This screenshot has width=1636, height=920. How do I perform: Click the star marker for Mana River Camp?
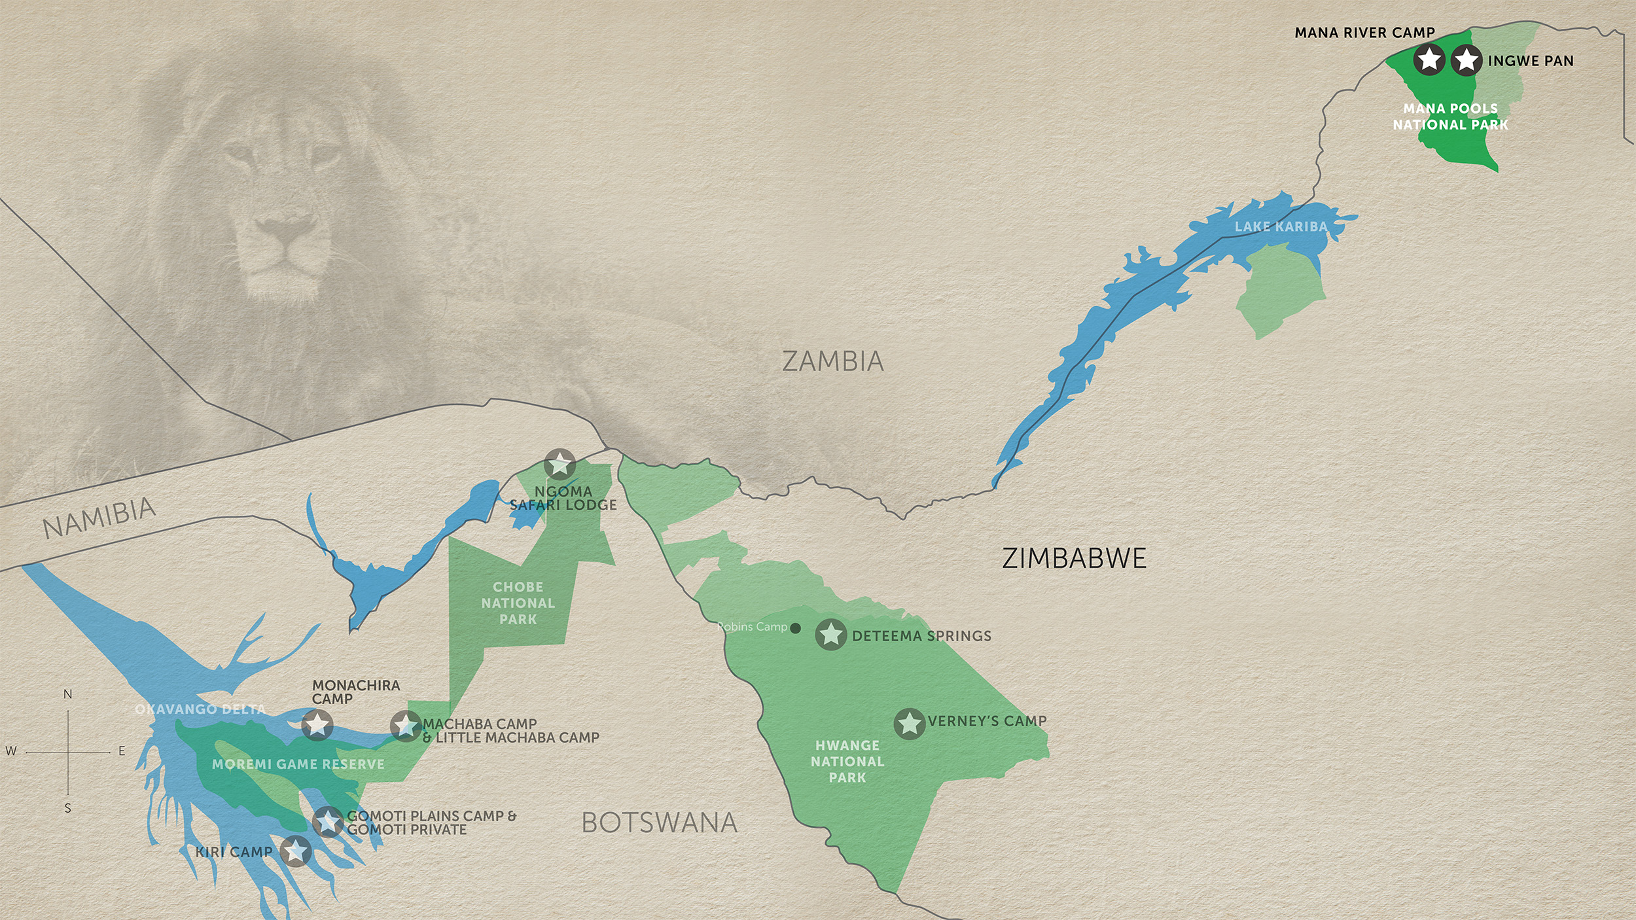coord(1429,60)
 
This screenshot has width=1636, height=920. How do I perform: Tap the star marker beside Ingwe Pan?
coord(1467,60)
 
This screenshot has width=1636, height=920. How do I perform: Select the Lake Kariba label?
coord(1281,227)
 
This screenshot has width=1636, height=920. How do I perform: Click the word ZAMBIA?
coord(833,361)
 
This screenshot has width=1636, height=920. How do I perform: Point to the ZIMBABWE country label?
coord(1074,558)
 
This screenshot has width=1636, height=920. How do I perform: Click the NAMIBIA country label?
coord(99,517)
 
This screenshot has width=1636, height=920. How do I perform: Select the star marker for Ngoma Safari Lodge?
coord(560,465)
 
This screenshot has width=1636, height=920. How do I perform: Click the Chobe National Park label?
coord(518,603)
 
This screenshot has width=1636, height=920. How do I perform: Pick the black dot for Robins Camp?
coord(796,628)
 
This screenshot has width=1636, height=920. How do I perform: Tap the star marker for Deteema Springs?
coord(831,634)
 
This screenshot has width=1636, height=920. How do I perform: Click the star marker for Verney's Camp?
coord(910,724)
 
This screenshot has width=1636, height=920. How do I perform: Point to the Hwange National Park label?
coord(847,761)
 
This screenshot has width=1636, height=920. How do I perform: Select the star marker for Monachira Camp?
coord(317,725)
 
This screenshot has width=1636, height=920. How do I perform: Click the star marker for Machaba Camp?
coord(406,726)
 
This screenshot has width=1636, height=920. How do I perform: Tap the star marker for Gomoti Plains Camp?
coord(328,822)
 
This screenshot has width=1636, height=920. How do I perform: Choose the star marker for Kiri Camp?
coord(296,851)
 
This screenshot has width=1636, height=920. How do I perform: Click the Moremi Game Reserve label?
coord(298,764)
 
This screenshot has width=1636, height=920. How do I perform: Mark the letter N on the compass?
coord(67,694)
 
